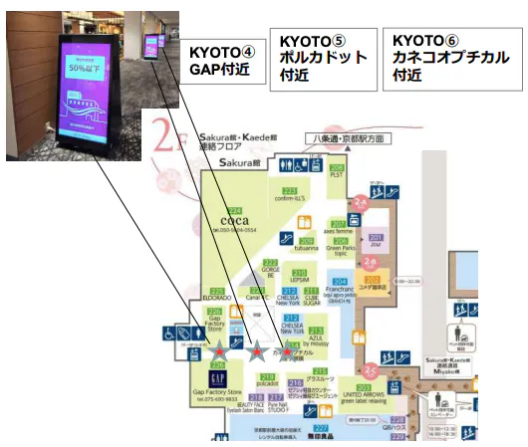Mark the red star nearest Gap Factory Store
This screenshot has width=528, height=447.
tap(221, 350)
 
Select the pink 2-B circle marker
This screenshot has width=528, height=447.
tap(369, 263)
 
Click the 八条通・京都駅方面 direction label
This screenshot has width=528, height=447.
tap(330, 137)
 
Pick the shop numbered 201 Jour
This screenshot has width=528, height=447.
tap(376, 242)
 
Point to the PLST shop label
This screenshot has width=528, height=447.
tap(337, 176)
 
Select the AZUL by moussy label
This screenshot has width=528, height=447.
tap(316, 337)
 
